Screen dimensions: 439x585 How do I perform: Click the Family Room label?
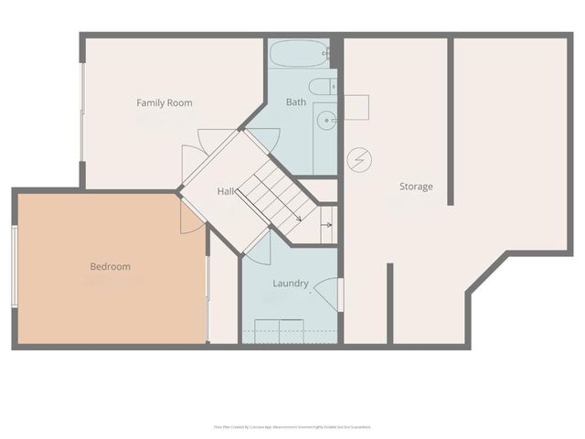coord(165,103)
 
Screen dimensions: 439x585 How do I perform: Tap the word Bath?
coord(296,102)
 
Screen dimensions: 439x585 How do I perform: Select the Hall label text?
coord(227,191)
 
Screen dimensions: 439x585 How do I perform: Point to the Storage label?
coord(416,187)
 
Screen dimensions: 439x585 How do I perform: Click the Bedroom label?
coord(110,267)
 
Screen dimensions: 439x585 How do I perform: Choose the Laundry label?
coord(291,284)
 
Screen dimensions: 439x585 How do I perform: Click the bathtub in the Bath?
coord(299,53)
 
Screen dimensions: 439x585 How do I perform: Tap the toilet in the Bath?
coord(321,87)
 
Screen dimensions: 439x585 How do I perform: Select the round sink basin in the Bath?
coord(326,119)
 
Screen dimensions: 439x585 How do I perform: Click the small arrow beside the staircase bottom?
coord(325,223)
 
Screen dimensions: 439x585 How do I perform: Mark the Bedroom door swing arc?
coord(192,218)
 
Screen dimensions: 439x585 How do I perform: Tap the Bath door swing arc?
coord(265,139)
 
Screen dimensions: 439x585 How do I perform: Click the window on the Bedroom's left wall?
coord(14,266)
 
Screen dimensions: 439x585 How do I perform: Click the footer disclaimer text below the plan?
coord(292,426)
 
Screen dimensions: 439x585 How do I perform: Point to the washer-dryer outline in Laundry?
coord(278,330)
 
